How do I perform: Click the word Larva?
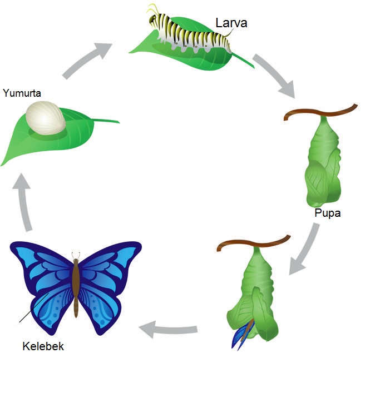coord(231,23)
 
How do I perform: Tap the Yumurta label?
coord(22,93)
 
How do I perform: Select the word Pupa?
coord(327,213)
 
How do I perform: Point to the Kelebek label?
coord(43,346)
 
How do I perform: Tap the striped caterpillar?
coord(189,34)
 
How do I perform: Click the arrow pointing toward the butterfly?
coord(167,330)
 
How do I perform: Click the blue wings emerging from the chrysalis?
coord(242,334)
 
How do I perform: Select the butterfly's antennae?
coord(76,255)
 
